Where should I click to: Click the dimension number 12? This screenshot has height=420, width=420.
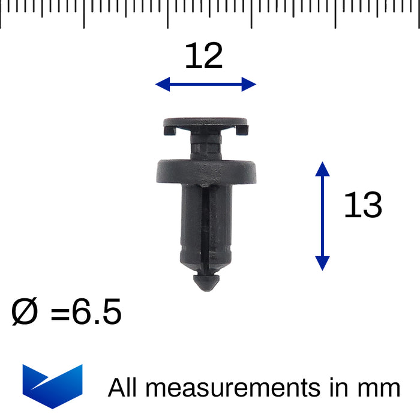click(203, 56)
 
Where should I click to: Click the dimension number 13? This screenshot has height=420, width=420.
click(362, 206)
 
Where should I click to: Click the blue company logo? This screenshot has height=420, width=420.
click(52, 386)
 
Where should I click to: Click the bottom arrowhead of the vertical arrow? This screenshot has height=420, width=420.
click(322, 263)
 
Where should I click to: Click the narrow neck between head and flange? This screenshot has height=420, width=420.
click(205, 146)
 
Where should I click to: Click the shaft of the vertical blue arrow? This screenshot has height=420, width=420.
click(322, 216)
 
